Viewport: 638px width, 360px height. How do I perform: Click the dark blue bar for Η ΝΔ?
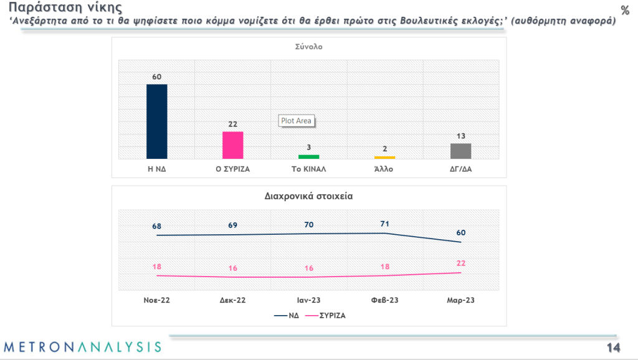[x=156, y=121]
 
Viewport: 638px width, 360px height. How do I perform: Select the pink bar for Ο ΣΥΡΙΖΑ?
[x=232, y=145]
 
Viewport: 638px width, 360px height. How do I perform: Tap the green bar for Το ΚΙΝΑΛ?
[x=309, y=156]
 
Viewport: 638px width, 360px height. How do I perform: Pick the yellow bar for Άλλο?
[x=384, y=158]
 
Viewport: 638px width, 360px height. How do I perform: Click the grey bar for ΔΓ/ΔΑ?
[x=460, y=151]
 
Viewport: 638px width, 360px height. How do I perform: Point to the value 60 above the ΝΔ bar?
[x=157, y=77]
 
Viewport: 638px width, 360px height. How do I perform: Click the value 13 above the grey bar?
[x=461, y=136]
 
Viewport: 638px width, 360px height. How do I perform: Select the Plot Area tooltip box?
[x=296, y=121]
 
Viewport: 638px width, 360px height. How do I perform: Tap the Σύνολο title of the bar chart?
[x=308, y=47]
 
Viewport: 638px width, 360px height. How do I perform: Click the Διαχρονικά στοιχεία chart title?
[x=309, y=195]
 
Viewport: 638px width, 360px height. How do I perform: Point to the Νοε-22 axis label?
[x=156, y=300]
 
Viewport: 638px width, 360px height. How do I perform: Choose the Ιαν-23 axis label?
[x=309, y=300]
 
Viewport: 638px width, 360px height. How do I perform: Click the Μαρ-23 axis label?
[x=461, y=300]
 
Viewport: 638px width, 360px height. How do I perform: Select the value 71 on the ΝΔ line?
[x=385, y=223]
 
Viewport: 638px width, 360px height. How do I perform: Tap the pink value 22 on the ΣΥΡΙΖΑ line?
[x=461, y=263]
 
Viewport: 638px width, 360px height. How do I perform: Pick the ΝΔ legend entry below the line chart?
[x=287, y=315]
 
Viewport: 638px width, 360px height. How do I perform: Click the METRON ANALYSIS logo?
[x=83, y=346]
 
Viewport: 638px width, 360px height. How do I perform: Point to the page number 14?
[x=614, y=347]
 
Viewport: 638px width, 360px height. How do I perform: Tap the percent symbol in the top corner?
[x=625, y=10]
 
